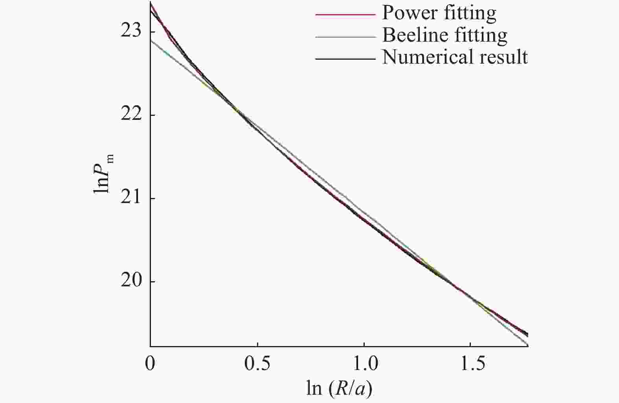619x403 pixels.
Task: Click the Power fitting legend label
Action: tap(439, 13)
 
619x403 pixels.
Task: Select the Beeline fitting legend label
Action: tap(445, 35)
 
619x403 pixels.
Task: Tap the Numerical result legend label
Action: tap(455, 57)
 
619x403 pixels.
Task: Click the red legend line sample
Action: tap(345, 15)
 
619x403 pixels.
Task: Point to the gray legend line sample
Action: tap(345, 37)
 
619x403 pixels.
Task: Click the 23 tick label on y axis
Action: tap(130, 31)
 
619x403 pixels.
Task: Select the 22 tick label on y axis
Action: tap(130, 115)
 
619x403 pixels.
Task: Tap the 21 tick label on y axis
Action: tap(130, 198)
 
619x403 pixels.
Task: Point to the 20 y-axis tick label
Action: tap(130, 282)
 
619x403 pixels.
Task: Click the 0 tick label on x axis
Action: tap(150, 364)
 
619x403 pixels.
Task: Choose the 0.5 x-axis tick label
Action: tap(257, 364)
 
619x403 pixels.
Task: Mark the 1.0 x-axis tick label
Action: tap(364, 364)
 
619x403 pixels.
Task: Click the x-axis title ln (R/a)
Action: tap(339, 388)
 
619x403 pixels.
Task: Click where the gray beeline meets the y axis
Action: tap(151, 40)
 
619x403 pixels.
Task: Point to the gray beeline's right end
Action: tap(527, 345)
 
